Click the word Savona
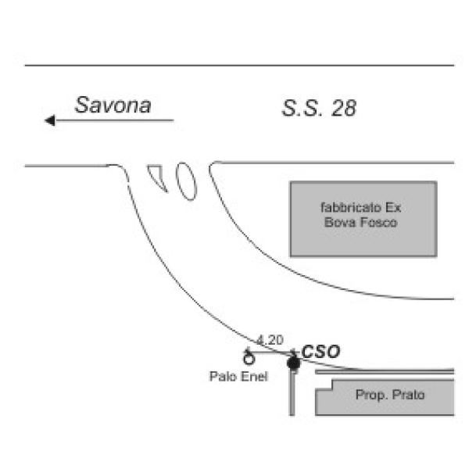click(x=113, y=106)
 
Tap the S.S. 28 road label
click(x=319, y=109)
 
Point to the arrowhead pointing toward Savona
click(x=50, y=120)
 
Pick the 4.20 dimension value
click(x=270, y=340)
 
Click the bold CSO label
click(x=320, y=353)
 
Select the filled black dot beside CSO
click(x=293, y=363)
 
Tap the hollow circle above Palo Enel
click(x=249, y=360)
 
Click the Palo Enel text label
click(x=238, y=377)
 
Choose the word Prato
click(x=406, y=396)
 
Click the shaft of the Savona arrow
click(x=117, y=120)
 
